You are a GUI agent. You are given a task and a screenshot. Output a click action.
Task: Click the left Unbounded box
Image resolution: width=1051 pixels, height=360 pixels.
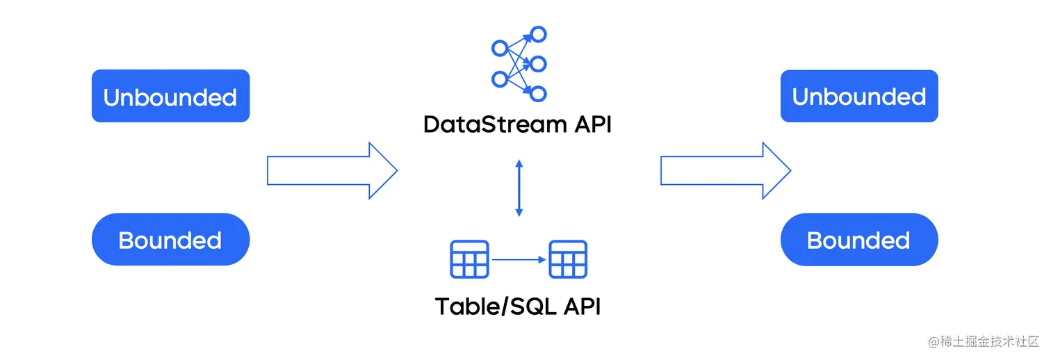[171, 96]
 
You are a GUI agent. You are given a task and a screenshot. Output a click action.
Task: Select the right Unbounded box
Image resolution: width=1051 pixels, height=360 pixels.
[859, 96]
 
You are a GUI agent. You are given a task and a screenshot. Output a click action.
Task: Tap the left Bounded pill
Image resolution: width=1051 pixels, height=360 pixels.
[171, 239]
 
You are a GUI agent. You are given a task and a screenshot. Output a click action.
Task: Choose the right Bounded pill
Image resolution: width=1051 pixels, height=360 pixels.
[859, 239]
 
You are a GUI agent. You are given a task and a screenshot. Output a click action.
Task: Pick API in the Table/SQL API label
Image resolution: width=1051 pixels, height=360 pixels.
[582, 306]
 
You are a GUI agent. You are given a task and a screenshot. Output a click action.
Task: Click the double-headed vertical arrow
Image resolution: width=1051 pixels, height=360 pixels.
[519, 188]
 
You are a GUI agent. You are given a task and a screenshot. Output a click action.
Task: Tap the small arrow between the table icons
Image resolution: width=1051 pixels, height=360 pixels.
[519, 259]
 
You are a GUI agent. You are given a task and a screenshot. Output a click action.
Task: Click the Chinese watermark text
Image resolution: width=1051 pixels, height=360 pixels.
[984, 341]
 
